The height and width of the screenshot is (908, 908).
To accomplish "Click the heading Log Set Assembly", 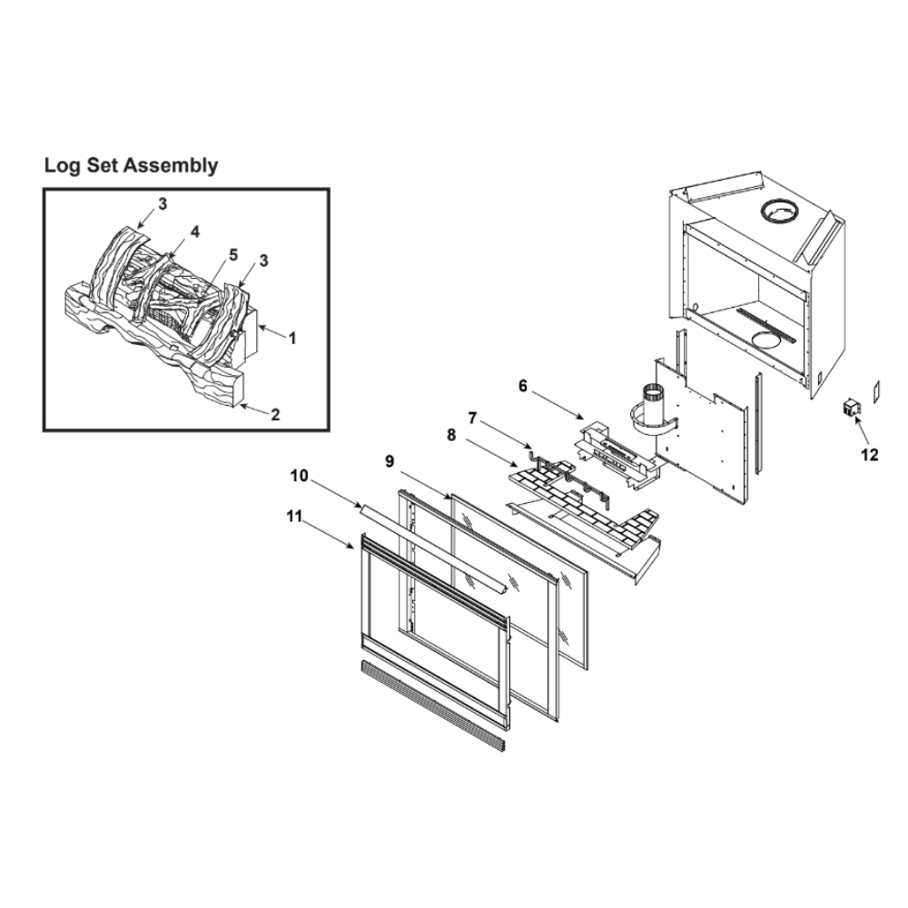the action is click(x=132, y=166).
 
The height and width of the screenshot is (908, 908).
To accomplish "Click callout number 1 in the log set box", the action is click(x=292, y=338).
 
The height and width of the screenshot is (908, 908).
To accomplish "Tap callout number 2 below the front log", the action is click(x=275, y=415).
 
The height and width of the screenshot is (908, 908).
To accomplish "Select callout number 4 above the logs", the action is click(x=195, y=232).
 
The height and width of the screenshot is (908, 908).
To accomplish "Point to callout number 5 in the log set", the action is click(x=232, y=255).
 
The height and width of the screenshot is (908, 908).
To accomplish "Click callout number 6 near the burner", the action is click(x=523, y=386).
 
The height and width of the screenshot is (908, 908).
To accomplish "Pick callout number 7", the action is click(x=472, y=418).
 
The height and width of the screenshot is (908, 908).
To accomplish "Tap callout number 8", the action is click(x=451, y=435).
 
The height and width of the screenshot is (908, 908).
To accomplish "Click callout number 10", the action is click(x=300, y=476).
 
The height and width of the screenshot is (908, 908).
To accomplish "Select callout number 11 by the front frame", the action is click(x=294, y=516).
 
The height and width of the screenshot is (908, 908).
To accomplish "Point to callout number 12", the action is click(x=869, y=455).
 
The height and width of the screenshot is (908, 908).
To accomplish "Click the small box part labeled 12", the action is click(x=850, y=408).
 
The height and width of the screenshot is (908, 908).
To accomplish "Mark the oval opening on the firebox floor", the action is click(x=770, y=340).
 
